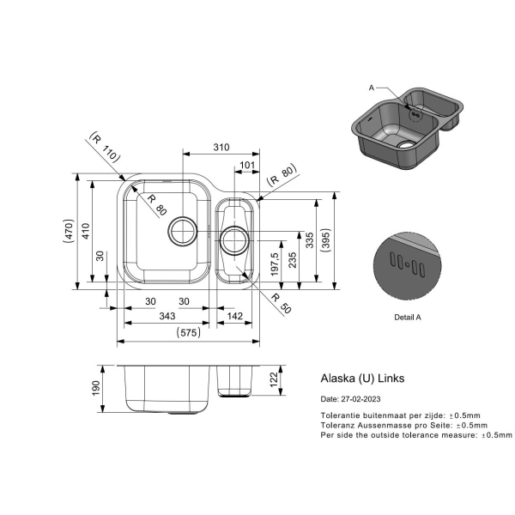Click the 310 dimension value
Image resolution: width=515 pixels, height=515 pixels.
[x=221, y=147]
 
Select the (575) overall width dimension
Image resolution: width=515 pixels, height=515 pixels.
[x=189, y=333]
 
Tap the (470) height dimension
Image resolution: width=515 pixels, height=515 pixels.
[x=69, y=231]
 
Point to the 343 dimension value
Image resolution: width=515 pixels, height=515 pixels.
[x=167, y=316]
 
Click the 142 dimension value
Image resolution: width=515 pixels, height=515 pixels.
[x=235, y=316]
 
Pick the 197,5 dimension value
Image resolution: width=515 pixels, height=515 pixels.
[x=275, y=264]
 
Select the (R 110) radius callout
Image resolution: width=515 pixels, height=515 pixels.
[x=106, y=147]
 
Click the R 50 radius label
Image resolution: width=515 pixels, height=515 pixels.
[x=282, y=303]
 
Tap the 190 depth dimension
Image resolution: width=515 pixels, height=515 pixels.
[x=95, y=388]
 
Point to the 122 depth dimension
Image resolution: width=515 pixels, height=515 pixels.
[x=274, y=379]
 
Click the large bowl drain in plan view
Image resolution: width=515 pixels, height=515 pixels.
[x=183, y=231]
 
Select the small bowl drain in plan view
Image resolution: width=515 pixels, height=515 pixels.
[x=234, y=240]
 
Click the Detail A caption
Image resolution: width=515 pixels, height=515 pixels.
[x=407, y=318]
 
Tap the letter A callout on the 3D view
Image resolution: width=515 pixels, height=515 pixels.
[x=372, y=88]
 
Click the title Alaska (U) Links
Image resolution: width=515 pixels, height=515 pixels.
[x=362, y=379]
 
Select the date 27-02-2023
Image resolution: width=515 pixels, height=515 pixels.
[x=361, y=399]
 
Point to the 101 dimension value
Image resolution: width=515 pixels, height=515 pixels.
[x=247, y=165]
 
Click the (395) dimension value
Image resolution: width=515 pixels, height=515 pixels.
[x=325, y=240]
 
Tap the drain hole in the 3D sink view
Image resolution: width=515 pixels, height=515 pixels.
[x=407, y=144]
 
